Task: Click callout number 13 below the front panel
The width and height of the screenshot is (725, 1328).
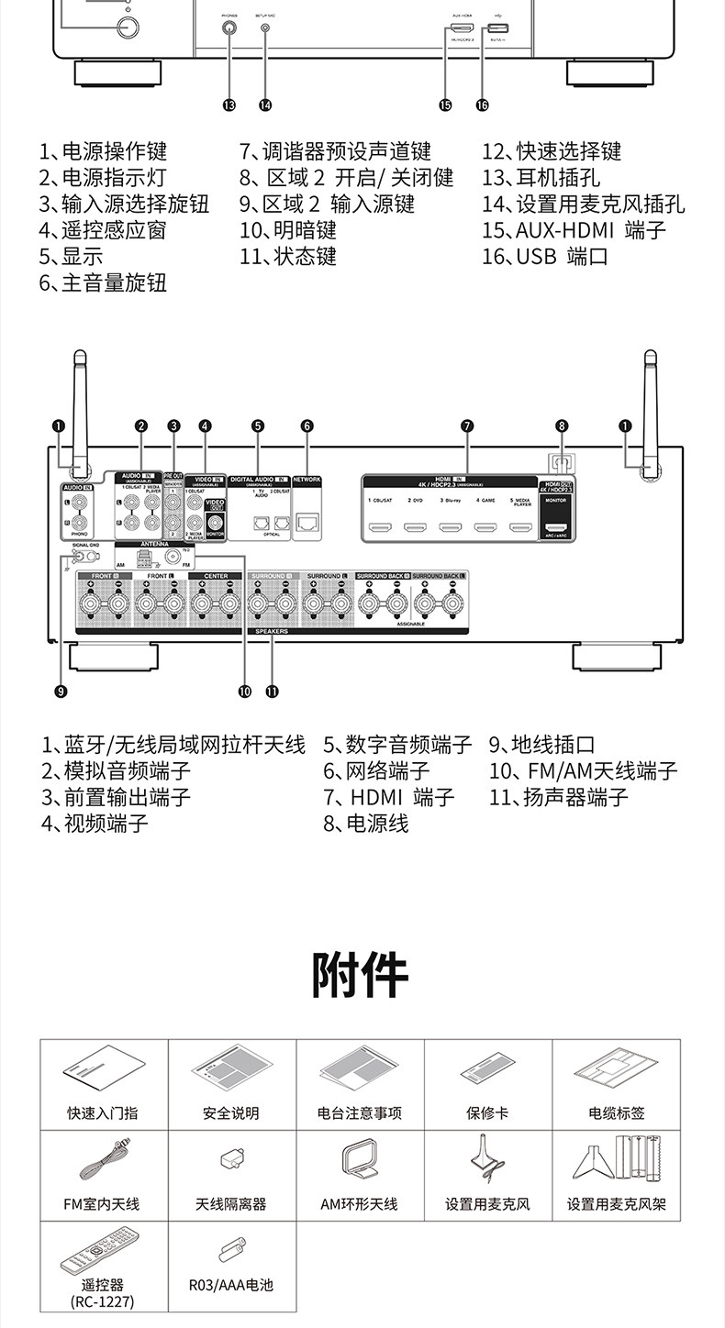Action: tap(229, 105)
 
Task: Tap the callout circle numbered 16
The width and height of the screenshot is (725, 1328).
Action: tap(482, 105)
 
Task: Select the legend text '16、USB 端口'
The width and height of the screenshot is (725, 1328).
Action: tap(545, 256)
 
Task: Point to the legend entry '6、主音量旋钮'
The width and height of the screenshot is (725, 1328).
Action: tap(103, 282)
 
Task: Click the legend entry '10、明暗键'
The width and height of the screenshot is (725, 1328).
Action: tap(288, 229)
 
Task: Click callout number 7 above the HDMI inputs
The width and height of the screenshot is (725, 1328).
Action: tap(467, 426)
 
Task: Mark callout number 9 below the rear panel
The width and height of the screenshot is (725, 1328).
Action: tap(61, 692)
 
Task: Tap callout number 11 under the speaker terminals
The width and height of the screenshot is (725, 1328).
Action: tap(272, 692)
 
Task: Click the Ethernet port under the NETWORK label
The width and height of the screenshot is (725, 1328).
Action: tap(307, 525)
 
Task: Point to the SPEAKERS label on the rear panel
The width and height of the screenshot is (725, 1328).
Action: tap(271, 631)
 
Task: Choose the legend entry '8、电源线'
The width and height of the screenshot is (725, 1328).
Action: tap(365, 823)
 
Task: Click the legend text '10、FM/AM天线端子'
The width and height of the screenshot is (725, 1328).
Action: tap(583, 770)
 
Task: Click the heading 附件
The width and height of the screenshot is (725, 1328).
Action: tap(361, 974)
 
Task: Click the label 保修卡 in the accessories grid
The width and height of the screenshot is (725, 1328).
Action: tap(487, 1112)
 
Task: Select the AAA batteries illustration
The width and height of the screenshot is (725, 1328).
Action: tap(231, 1249)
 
